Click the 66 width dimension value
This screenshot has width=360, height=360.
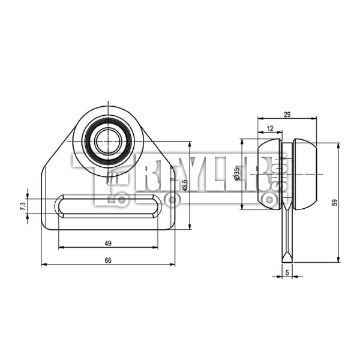(x=108, y=260)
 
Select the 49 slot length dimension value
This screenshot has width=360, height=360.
(x=108, y=244)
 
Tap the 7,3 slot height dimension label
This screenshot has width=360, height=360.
(x=23, y=206)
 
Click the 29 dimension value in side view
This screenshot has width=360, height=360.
(x=287, y=115)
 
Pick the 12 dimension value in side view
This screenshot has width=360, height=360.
(x=271, y=129)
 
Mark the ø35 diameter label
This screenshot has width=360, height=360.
(x=237, y=174)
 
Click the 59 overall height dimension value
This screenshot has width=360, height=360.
(x=335, y=202)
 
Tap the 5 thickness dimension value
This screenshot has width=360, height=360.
(x=287, y=272)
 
